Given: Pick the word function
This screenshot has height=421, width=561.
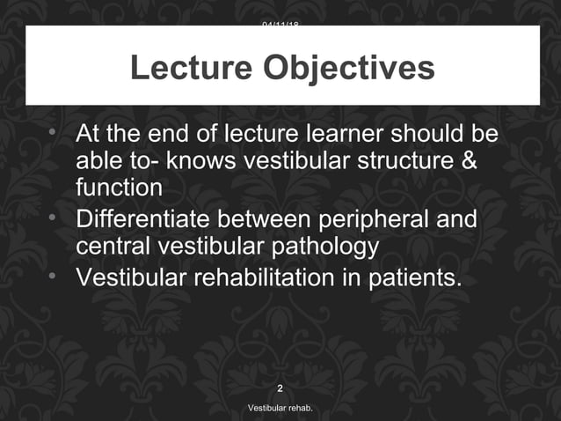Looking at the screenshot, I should pyautogui.click(x=119, y=188).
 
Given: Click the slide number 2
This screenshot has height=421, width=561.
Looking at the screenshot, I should pyautogui.click(x=280, y=388).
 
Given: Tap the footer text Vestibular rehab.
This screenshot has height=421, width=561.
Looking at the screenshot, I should pyautogui.click(x=280, y=410).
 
